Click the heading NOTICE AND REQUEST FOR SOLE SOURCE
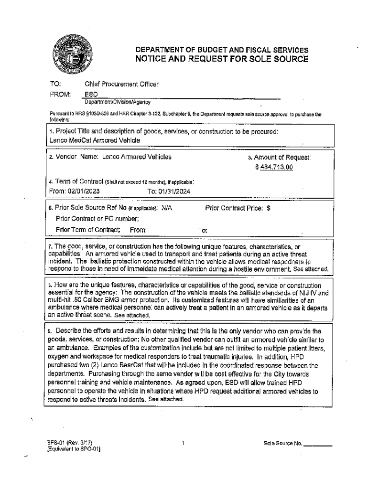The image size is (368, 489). (222, 59)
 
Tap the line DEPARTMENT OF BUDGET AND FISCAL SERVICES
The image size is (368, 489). (222, 50)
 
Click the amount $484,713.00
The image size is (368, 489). (274, 167)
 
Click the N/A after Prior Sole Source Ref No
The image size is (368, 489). (167, 208)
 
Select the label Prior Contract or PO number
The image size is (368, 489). (97, 219)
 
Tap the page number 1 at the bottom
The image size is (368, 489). (183, 443)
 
